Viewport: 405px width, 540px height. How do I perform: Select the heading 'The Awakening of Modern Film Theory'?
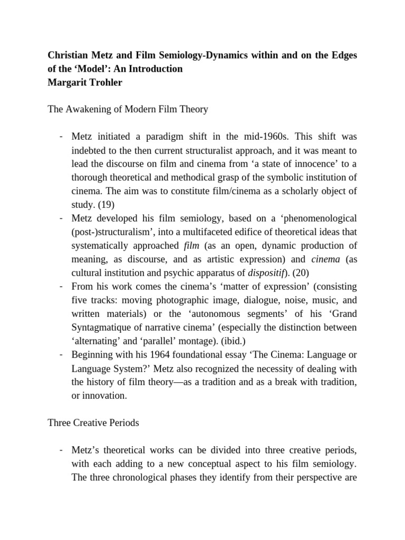(128, 110)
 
